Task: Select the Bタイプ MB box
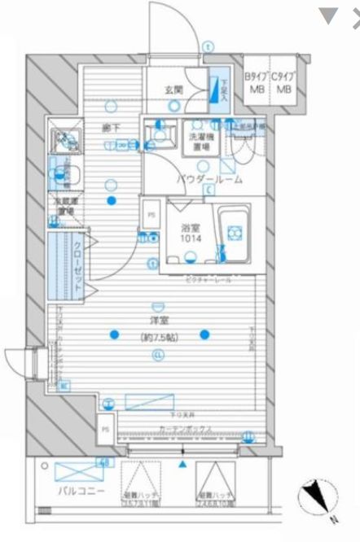pyautogui.click(x=257, y=83)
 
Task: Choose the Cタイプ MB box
pyautogui.click(x=284, y=83)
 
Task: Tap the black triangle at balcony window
pyautogui.click(x=182, y=465)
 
